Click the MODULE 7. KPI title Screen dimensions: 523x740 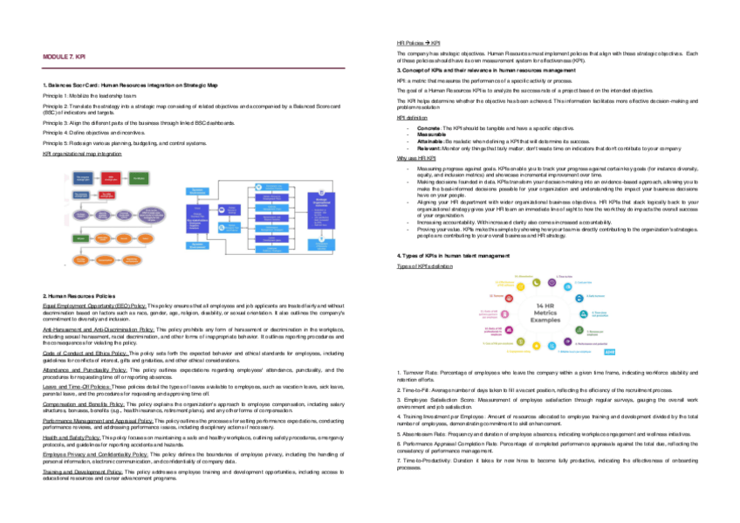tap(64, 57)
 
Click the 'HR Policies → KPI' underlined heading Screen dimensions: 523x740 tap(418, 43)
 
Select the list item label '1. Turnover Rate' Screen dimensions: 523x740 tap(419, 373)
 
